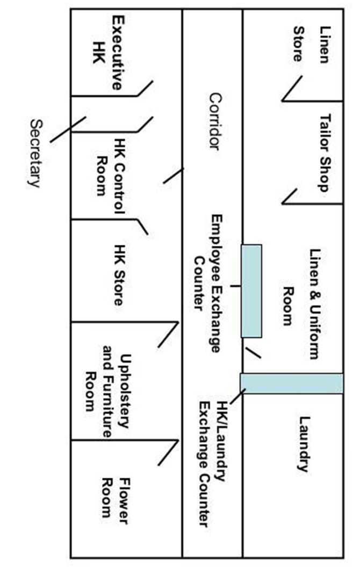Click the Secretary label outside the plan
click(35, 152)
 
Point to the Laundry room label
click(304, 443)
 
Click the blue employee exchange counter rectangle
click(251, 290)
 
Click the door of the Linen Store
click(292, 89)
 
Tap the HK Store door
click(142, 226)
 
